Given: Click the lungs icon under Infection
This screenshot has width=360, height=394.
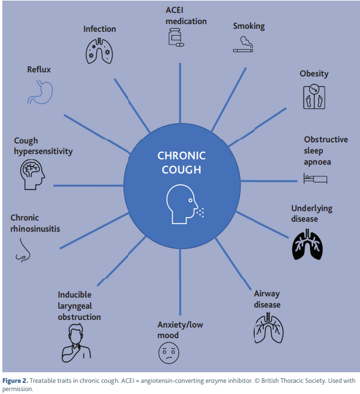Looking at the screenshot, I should [99, 51].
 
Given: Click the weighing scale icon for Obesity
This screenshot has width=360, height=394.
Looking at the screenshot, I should [314, 96].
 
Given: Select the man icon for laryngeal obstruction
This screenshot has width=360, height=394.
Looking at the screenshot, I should [76, 343].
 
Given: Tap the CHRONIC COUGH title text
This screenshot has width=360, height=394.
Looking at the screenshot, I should [181, 163].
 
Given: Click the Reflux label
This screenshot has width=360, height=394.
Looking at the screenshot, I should [39, 69].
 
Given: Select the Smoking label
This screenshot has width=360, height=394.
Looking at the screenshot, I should [248, 26].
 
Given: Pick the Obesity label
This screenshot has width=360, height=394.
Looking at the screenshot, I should [314, 74].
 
